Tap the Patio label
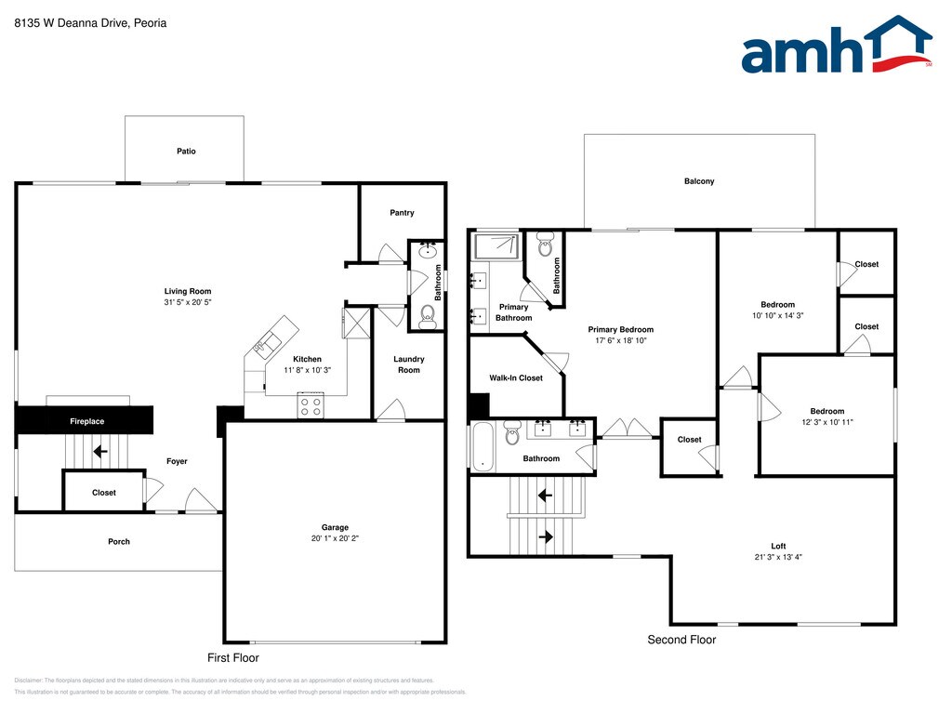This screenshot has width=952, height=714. (x=186, y=151)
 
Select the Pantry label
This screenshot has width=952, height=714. (x=402, y=213)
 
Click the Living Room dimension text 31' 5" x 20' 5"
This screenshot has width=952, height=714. (x=188, y=303)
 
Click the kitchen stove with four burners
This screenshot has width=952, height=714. (x=311, y=405)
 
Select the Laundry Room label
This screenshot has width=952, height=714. (x=409, y=364)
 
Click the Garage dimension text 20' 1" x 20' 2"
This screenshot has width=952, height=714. (x=335, y=539)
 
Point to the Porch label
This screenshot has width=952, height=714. (x=119, y=541)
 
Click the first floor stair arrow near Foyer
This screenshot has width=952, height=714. (x=99, y=452)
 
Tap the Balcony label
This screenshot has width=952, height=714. (x=699, y=181)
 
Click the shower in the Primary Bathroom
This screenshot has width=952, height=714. (x=496, y=245)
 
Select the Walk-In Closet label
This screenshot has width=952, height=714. (x=516, y=378)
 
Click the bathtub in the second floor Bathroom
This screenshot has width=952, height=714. (x=482, y=447)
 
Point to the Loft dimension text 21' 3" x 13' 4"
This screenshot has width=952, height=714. (x=778, y=558)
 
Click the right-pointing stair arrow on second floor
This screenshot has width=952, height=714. (x=545, y=536)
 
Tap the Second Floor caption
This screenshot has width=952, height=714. (x=681, y=640)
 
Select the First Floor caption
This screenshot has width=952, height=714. (x=232, y=657)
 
